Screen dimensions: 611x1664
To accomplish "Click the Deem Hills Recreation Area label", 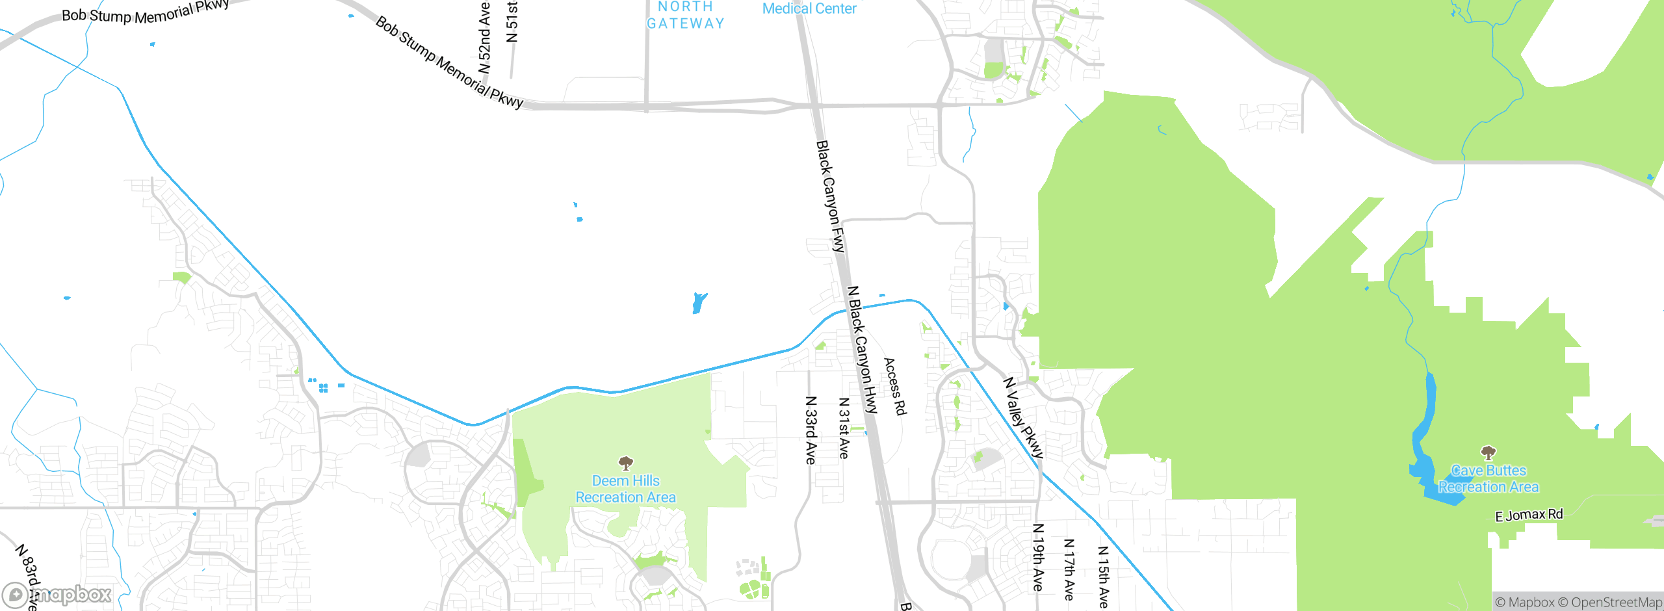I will pyautogui.click(x=625, y=489).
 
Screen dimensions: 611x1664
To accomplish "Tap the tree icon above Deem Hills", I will pyautogui.click(x=625, y=463).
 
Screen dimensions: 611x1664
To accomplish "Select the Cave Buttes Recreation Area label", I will pyautogui.click(x=1488, y=478).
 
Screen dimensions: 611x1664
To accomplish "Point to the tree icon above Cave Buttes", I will pyautogui.click(x=1488, y=452).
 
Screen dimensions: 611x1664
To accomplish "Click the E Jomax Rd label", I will pyautogui.click(x=1529, y=515).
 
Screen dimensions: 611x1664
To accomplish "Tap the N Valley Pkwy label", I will pyautogui.click(x=1023, y=418).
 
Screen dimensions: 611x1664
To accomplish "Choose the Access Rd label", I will pyautogui.click(x=894, y=386).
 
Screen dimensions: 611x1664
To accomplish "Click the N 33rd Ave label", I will pyautogui.click(x=811, y=430).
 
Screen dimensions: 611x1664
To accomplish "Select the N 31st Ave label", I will pyautogui.click(x=844, y=428).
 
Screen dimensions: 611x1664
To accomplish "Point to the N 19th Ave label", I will pyautogui.click(x=1038, y=557).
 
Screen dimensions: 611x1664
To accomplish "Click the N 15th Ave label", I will pyautogui.click(x=1103, y=577).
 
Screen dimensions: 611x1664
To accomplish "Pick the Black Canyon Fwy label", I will pyautogui.click(x=831, y=196).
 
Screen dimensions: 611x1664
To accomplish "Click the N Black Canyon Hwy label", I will pyautogui.click(x=863, y=350).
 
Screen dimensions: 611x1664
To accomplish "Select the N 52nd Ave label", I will pyautogui.click(x=484, y=38).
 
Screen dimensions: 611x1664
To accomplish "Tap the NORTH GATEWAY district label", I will pyautogui.click(x=685, y=16).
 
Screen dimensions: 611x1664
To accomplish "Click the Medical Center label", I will pyautogui.click(x=809, y=8).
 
